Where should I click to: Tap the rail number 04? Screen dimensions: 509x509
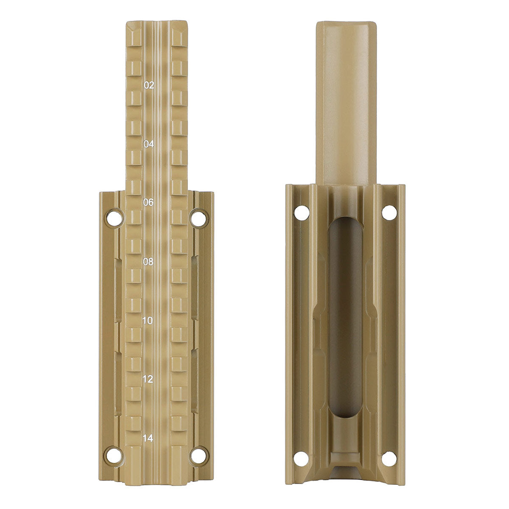tap(149, 144)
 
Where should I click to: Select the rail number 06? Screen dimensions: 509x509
tap(148, 203)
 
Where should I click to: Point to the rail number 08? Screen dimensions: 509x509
tap(148, 262)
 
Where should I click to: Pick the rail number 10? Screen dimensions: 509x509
tap(148, 320)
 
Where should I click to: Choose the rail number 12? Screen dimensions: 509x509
tap(148, 379)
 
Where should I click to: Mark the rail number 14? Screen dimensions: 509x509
tap(148, 438)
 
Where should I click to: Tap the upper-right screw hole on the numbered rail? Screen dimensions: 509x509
tap(199, 218)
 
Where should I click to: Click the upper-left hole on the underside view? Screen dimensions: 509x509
tap(302, 212)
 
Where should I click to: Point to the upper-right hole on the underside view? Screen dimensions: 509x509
tap(389, 212)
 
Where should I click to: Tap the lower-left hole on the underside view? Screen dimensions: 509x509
tap(302, 458)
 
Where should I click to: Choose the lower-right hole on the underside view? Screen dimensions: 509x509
tap(389, 458)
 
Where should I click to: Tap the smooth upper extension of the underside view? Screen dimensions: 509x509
tap(345, 102)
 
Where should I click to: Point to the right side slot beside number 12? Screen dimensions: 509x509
tap(195, 380)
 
